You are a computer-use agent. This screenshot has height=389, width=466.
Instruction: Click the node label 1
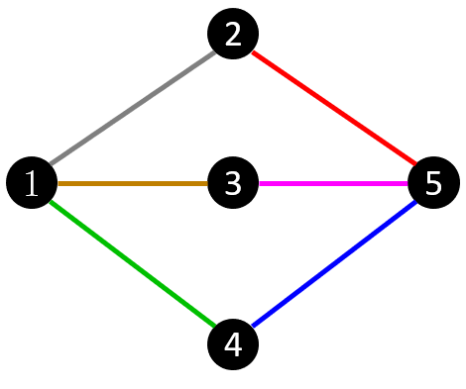pos(32,184)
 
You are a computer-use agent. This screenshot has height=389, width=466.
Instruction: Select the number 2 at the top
pos(233,36)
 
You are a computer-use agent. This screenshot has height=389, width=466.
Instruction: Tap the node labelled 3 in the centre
pos(233,184)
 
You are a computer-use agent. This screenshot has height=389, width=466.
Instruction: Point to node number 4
pos(233,345)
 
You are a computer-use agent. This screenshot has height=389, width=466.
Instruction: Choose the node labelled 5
pos(433,184)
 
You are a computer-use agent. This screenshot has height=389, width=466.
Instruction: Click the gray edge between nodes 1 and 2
pos(132,108)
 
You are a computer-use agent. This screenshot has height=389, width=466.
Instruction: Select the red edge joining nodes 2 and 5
pos(334,108)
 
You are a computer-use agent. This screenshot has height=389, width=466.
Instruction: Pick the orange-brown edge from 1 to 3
pos(133,183)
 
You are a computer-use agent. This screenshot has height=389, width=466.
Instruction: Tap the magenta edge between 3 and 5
pos(333,183)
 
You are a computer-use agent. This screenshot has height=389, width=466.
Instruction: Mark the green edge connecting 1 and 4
pos(132,263)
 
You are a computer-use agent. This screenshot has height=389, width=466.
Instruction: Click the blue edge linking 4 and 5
pos(334,263)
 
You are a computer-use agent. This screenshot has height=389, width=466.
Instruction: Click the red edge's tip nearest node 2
pos(254,52)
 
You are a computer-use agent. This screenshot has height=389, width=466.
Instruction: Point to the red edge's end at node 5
pos(414,162)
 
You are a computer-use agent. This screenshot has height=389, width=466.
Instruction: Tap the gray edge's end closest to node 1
pos(51,163)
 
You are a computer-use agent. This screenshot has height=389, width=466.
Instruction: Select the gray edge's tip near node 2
pos(213,52)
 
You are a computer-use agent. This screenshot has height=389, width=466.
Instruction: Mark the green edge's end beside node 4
pos(213,325)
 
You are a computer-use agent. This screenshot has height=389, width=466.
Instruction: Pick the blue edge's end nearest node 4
pos(254,325)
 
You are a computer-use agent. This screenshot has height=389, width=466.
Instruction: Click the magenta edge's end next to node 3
pos(260,183)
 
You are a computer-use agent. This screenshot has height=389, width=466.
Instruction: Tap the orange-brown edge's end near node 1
pos(59,183)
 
